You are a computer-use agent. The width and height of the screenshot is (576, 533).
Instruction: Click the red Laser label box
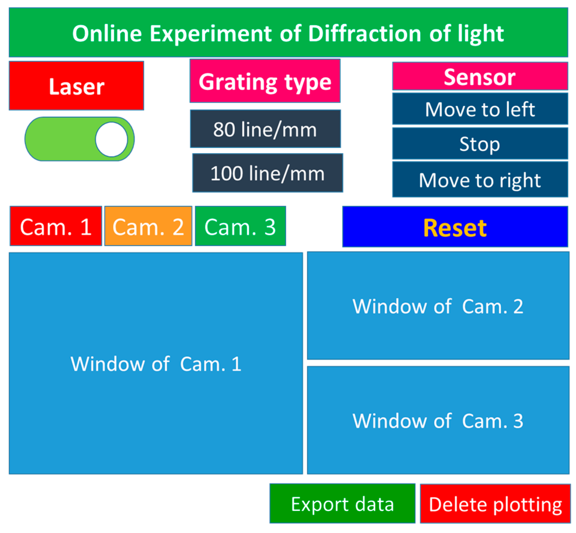[76, 86]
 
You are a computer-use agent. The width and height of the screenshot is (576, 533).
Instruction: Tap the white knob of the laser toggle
[111, 139]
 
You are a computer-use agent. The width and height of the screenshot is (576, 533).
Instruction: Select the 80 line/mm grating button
[265, 129]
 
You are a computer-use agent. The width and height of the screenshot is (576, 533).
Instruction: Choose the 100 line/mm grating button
[267, 173]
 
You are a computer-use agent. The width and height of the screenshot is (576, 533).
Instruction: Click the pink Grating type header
[265, 81]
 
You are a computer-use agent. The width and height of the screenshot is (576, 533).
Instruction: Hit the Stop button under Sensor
[480, 144]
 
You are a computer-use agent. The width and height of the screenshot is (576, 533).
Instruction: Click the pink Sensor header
[480, 77]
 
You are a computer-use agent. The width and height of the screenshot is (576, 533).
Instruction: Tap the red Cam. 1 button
[56, 226]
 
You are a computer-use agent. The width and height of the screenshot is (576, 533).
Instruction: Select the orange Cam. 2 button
[148, 226]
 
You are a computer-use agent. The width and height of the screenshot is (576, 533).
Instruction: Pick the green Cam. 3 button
[240, 226]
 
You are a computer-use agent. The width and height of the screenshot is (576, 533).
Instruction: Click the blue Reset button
[455, 227]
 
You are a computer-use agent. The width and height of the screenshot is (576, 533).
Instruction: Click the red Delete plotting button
[495, 504]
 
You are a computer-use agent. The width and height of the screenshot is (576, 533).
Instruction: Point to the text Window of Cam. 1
[156, 364]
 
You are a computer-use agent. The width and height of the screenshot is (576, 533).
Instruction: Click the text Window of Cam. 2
[438, 306]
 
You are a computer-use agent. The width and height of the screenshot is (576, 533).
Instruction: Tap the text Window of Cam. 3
[438, 421]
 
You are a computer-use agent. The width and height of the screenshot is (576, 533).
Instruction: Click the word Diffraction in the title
[365, 33]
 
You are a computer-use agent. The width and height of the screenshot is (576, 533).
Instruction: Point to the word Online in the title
[107, 33]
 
